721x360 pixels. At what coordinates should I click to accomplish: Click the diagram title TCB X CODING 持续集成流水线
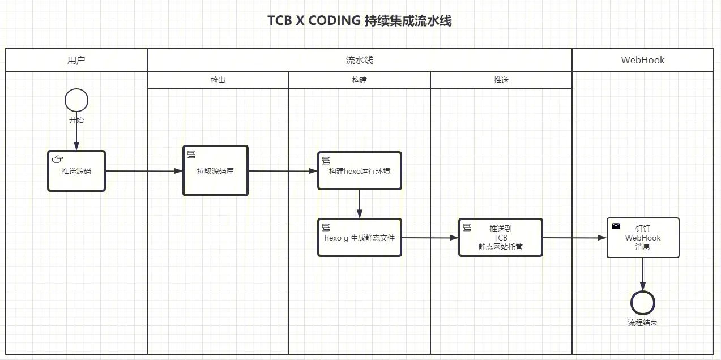point(360,21)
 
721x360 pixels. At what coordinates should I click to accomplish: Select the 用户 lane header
point(76,60)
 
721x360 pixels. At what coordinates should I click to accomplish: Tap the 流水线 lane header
point(360,60)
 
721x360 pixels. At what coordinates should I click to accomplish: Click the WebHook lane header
point(643,60)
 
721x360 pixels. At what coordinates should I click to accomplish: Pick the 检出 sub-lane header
point(218,80)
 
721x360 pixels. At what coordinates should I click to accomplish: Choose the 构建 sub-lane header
point(360,80)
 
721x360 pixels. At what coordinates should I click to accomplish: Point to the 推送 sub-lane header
point(501,80)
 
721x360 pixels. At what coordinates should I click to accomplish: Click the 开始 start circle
point(76,101)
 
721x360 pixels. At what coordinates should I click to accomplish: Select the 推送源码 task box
point(76,171)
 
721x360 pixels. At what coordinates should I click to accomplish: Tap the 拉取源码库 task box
point(215,171)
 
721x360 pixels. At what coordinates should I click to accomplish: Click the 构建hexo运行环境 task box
point(360,171)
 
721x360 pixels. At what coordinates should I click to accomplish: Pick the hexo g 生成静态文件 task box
point(360,238)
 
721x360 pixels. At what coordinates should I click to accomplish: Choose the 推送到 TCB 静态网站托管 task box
point(501,238)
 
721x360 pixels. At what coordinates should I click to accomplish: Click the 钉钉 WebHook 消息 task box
point(643,238)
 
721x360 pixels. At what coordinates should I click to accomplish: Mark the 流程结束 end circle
point(643,303)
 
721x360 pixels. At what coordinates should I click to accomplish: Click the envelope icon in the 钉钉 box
point(616,226)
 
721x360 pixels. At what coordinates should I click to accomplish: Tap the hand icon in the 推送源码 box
point(57,159)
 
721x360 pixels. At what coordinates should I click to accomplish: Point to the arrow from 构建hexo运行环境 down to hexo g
point(360,204)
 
